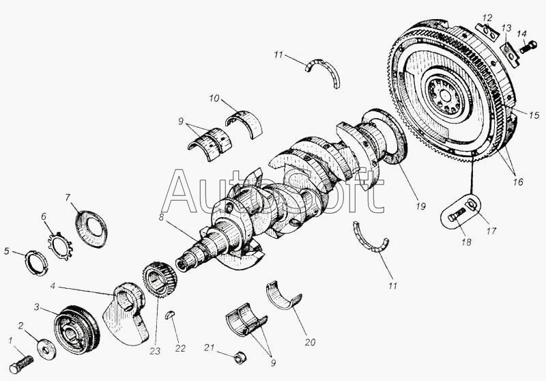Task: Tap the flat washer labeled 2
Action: [x=46, y=349]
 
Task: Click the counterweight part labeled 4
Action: [x=126, y=313]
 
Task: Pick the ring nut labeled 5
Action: [x=36, y=264]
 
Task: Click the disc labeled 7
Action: [x=91, y=229]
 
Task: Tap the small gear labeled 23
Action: [x=160, y=281]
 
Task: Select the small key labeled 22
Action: [x=170, y=315]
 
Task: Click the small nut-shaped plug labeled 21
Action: [x=240, y=357]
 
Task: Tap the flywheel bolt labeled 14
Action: [x=528, y=47]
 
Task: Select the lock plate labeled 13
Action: [x=509, y=54]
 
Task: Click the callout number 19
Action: [x=420, y=206]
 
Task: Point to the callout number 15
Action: [x=534, y=115]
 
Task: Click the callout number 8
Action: [x=161, y=217]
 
